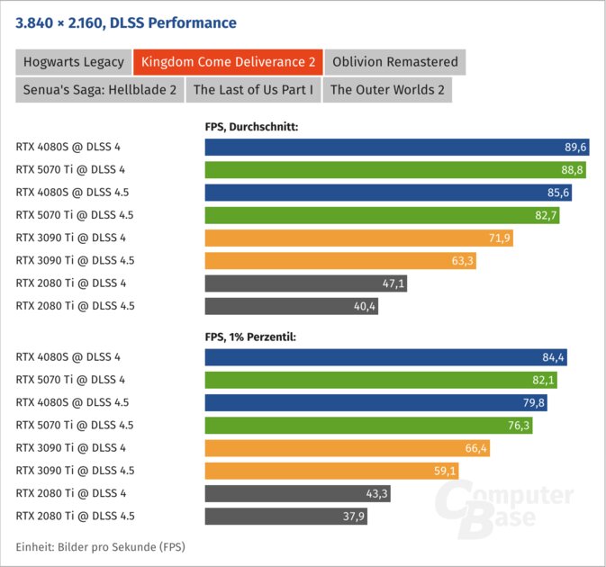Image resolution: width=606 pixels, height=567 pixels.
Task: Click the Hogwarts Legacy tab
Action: pyautogui.click(x=72, y=62)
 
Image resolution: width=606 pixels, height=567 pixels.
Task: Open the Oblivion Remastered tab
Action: pyautogui.click(x=394, y=62)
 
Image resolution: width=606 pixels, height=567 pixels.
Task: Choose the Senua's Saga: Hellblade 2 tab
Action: pyautogui.click(x=99, y=89)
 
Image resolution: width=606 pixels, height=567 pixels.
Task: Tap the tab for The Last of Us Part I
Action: pyautogui.click(x=253, y=89)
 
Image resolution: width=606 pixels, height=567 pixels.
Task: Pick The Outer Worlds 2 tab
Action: pyautogui.click(x=387, y=89)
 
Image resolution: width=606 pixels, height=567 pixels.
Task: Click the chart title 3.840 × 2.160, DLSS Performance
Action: pyautogui.click(x=126, y=22)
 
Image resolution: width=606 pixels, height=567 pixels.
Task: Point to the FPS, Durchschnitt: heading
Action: pyautogui.click(x=251, y=127)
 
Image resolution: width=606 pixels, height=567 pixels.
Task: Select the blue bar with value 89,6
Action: pyautogui.click(x=387, y=147)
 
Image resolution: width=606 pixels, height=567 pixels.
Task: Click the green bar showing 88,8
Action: pyautogui.click(x=387, y=169)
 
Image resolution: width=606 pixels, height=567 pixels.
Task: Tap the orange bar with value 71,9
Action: pyautogui.click(x=360, y=238)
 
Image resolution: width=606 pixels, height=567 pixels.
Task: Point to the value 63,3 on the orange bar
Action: pyautogui.click(x=459, y=261)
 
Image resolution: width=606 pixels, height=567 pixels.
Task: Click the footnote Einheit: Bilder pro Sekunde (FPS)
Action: pyautogui.click(x=100, y=547)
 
